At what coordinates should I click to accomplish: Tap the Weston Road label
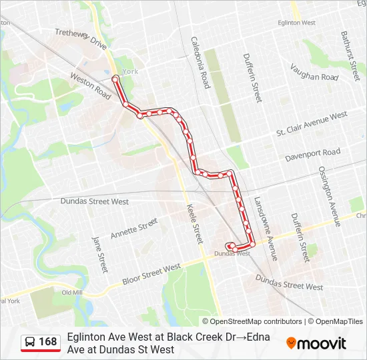pyautogui.click(x=90, y=87)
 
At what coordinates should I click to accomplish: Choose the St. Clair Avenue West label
pyautogui.click(x=312, y=124)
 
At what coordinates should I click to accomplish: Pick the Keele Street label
pyautogui.click(x=194, y=223)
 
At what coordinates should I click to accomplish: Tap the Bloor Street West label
pyautogui.click(x=151, y=274)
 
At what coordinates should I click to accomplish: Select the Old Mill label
pyautogui.click(x=71, y=293)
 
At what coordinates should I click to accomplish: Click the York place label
pyautogui.click(x=130, y=71)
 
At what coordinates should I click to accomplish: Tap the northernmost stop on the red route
pyautogui.click(x=115, y=79)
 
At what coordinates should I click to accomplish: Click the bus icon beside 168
pyautogui.click(x=30, y=342)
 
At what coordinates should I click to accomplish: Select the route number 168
pyautogui.click(x=48, y=342)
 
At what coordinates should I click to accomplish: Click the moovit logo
pyautogui.click(x=316, y=343)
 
